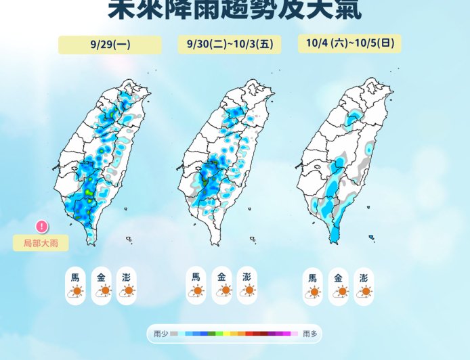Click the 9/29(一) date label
pyautogui.click(x=110, y=45)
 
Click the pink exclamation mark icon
pyautogui.click(x=42, y=227)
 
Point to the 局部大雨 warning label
pyautogui.click(x=41, y=243)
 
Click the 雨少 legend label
pyautogui.click(x=161, y=334)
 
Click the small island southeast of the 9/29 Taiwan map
pyautogui.click(x=129, y=238)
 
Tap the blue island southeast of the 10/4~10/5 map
pyautogui.click(x=372, y=237)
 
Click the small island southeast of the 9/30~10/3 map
pyautogui.click(x=252, y=238)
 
